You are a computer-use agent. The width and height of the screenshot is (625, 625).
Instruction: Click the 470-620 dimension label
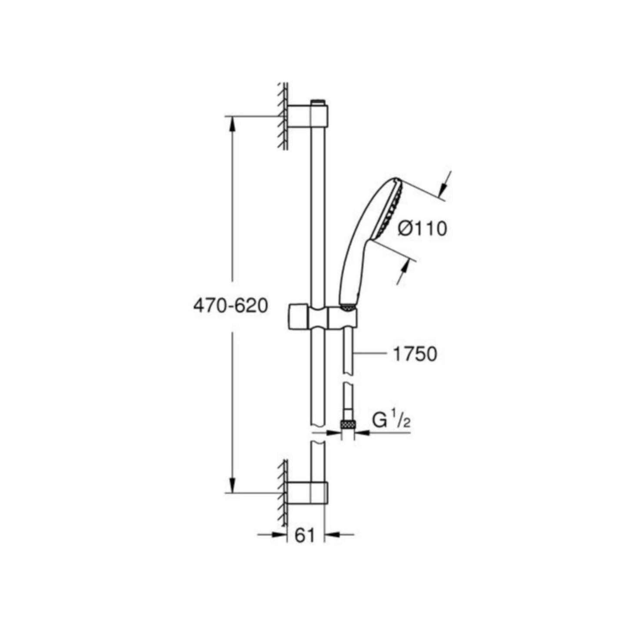pos(231,306)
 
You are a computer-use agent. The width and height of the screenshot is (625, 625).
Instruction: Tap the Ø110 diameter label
pos(422,229)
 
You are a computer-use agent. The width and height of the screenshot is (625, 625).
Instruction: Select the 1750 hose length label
pos(415,354)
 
